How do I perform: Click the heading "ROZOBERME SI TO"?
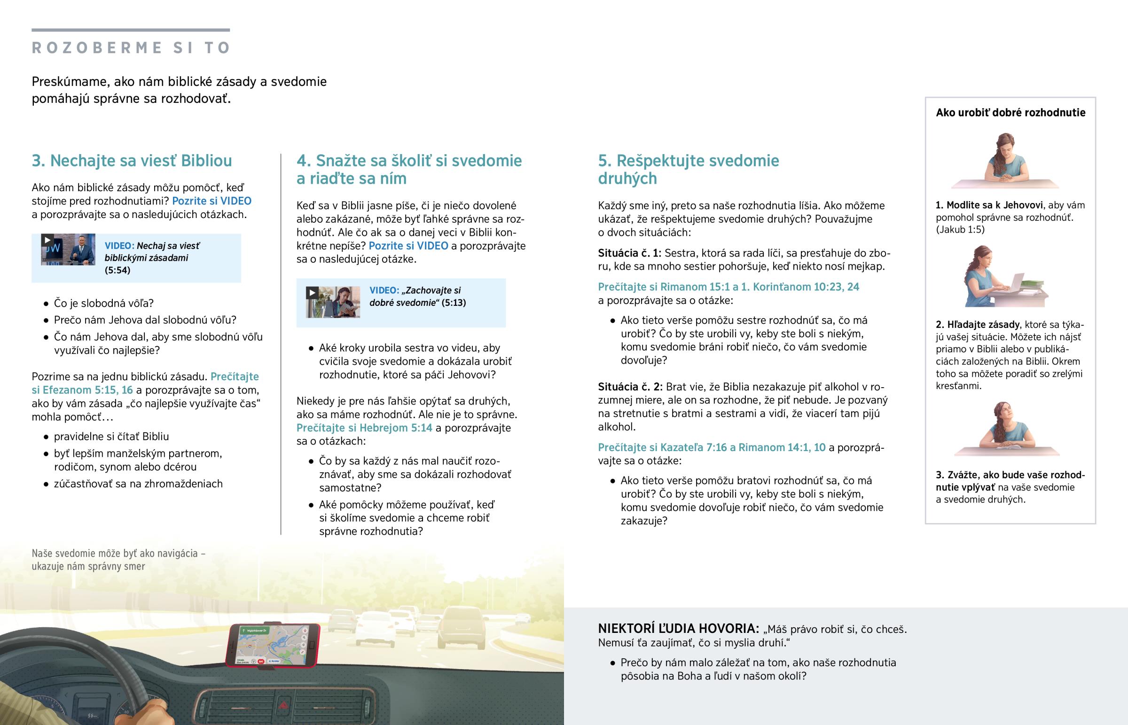[131, 47]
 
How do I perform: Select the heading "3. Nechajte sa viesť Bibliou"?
[132, 161]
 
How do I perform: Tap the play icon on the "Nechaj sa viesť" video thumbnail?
[47, 240]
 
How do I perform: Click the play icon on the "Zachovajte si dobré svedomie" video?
[312, 293]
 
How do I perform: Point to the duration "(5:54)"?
[117, 270]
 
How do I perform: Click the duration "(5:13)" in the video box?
[454, 303]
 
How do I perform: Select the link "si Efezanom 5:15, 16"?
[82, 390]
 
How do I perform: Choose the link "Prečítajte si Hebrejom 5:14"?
[364, 428]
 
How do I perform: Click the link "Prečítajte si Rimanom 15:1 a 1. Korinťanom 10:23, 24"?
[728, 287]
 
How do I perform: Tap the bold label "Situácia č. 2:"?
[630, 387]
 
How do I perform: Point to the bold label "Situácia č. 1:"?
[629, 253]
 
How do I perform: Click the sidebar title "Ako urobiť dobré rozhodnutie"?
[1010, 112]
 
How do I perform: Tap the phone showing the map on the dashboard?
[273, 645]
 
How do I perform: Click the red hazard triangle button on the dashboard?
[284, 705]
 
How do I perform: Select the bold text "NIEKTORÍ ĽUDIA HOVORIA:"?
[678, 629]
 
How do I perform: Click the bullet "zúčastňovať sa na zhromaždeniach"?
[138, 484]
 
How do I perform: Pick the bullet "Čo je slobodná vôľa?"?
[103, 304]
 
